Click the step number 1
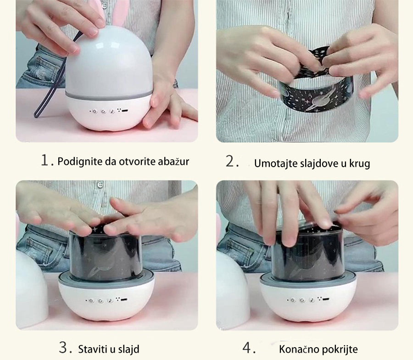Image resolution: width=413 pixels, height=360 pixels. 45,160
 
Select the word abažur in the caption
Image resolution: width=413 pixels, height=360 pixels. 173,161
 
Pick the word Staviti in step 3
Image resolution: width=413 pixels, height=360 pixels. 93,349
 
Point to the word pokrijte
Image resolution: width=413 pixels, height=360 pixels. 340,349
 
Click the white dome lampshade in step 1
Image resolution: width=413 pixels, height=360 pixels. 109,61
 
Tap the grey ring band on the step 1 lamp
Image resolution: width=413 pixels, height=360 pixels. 108,96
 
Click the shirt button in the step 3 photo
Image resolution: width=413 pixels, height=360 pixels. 100,185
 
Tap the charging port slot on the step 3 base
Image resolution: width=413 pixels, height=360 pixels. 124,300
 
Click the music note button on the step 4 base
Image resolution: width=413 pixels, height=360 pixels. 312,300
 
